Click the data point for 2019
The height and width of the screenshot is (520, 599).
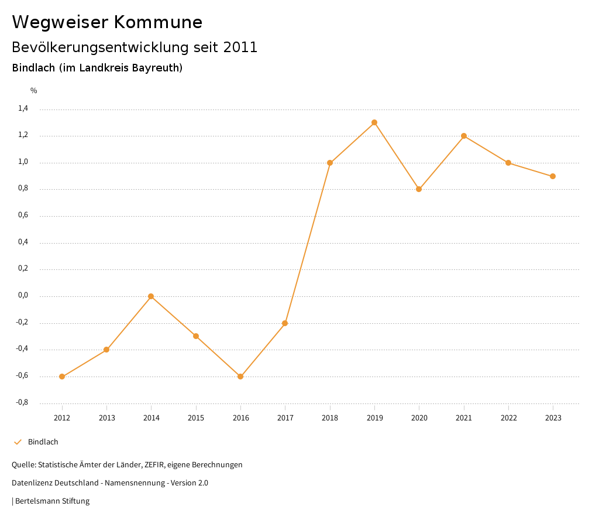pyautogui.click(x=374, y=122)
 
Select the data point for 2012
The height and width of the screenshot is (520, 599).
pyautogui.click(x=62, y=377)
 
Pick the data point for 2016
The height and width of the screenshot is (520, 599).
pyautogui.click(x=240, y=377)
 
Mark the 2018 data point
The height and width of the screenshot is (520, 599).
pyautogui.click(x=330, y=163)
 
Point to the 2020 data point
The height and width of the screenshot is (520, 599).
pyautogui.click(x=419, y=189)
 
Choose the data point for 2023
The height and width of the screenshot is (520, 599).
pyautogui.click(x=553, y=176)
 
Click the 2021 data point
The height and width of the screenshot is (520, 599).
pyautogui.click(x=464, y=136)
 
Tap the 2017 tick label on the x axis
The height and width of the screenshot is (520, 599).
pyautogui.click(x=285, y=418)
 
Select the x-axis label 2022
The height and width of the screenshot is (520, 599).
pyautogui.click(x=508, y=418)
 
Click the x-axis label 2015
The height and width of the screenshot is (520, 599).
pyautogui.click(x=196, y=418)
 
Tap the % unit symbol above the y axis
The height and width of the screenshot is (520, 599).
pyautogui.click(x=34, y=91)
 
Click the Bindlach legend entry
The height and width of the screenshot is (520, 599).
pyautogui.click(x=43, y=442)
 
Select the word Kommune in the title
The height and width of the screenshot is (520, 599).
pyautogui.click(x=158, y=22)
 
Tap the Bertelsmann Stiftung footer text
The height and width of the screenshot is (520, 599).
pyautogui.click(x=52, y=501)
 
